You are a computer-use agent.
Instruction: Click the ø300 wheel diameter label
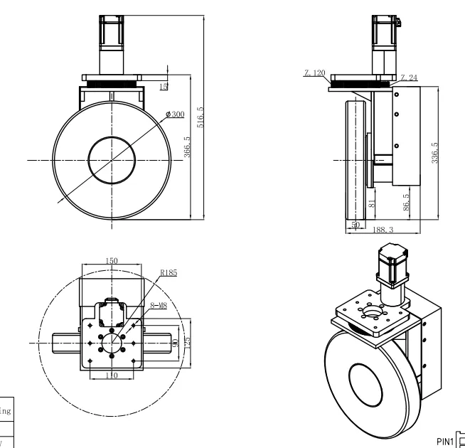coord(174,114)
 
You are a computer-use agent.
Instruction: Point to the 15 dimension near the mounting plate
coord(164,87)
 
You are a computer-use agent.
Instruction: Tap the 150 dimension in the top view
coord(112,260)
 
